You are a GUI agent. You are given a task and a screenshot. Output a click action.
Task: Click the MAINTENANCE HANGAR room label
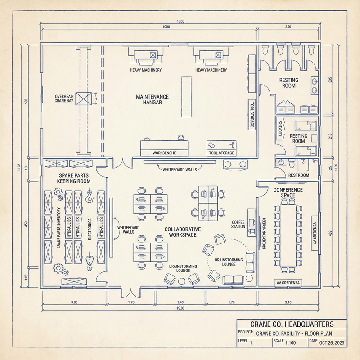click(153, 99)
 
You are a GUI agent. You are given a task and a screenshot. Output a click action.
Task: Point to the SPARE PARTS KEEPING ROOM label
click(74, 178)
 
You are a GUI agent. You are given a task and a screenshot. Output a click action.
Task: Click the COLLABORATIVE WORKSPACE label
click(183, 232)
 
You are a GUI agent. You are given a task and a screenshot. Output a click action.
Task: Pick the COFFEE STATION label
click(238, 224)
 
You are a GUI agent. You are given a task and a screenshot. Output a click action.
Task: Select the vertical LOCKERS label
click(280, 129)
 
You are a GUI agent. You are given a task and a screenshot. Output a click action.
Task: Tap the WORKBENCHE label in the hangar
click(164, 153)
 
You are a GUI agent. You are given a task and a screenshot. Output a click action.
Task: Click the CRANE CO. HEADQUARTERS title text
click(292, 324)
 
